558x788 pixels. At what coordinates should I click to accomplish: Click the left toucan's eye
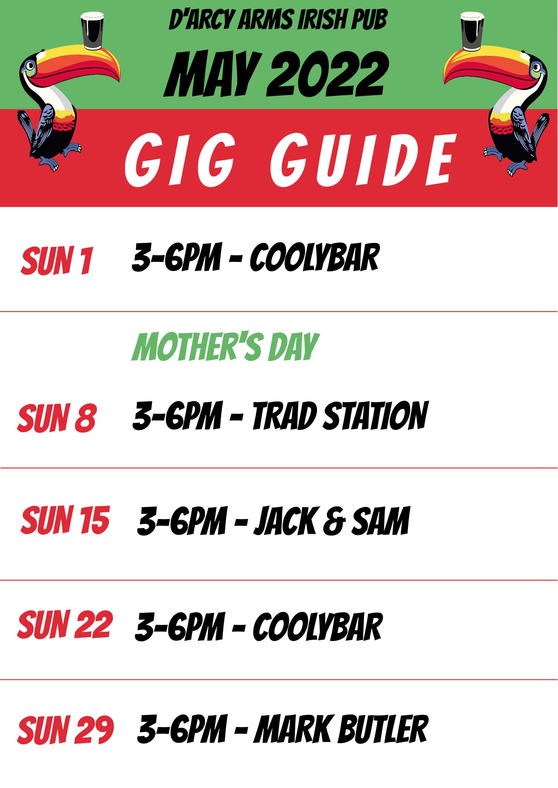click(31, 65)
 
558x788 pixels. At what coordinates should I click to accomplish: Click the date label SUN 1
click(57, 260)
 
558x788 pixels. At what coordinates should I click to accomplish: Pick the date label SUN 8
click(57, 418)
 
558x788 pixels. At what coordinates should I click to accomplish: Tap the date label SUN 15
click(65, 520)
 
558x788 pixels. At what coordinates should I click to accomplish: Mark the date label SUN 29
click(65, 730)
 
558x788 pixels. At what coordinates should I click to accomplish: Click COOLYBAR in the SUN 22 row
click(318, 626)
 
